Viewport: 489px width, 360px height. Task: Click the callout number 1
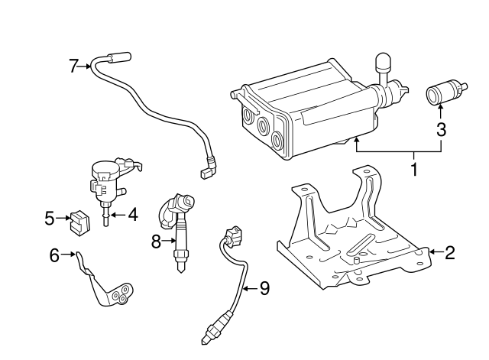click(415, 168)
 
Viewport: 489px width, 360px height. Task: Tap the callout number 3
click(441, 130)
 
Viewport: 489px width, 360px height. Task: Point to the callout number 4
click(132, 216)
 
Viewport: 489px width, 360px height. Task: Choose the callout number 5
click(50, 219)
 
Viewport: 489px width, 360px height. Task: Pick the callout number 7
click(74, 66)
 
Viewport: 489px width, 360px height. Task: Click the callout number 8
click(156, 242)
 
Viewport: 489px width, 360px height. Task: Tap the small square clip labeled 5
click(77, 222)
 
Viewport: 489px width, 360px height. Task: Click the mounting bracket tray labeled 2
click(351, 245)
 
